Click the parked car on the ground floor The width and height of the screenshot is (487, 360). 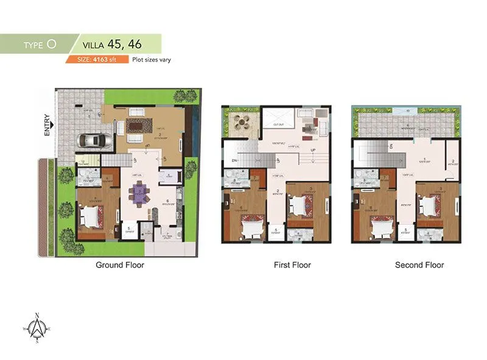click(93, 140)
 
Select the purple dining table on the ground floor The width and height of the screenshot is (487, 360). click(139, 194)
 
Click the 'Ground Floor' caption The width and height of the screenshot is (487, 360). click(120, 265)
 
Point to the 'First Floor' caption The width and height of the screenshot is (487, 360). click(292, 265)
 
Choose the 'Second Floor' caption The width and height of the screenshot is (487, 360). click(419, 265)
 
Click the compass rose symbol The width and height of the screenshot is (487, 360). click(37, 328)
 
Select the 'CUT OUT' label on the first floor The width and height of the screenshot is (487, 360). click(278, 125)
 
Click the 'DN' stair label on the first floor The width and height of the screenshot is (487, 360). click(234, 161)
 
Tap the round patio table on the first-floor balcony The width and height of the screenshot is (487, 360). click(243, 121)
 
